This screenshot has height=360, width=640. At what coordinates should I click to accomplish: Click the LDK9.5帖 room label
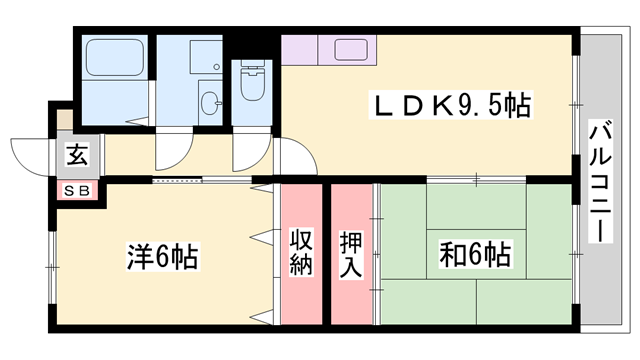451,104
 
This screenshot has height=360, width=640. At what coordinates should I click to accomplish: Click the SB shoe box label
77,190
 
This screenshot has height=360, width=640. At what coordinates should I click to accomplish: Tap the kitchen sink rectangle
351,50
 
